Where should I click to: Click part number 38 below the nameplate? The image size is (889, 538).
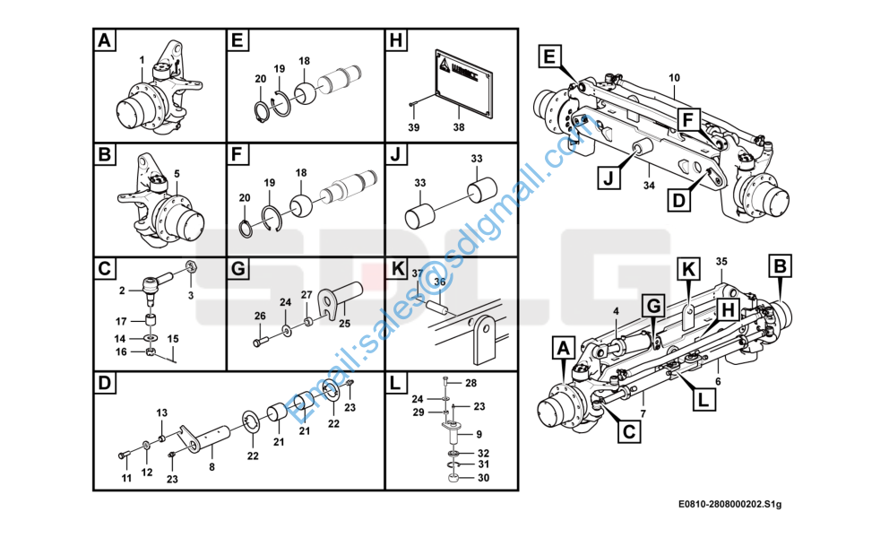(x=459, y=128)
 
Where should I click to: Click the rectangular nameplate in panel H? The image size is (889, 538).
(x=463, y=83)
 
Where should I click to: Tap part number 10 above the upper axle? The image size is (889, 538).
(x=674, y=79)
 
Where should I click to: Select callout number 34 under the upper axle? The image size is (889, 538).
(x=650, y=185)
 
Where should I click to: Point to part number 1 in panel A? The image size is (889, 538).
(x=142, y=60)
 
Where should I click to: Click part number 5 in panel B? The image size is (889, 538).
(x=177, y=173)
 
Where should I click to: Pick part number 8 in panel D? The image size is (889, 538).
(x=211, y=467)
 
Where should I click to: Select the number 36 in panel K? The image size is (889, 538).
(x=439, y=281)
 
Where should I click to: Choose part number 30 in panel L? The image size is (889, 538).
(x=483, y=478)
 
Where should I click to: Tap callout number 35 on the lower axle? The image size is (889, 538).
(x=721, y=261)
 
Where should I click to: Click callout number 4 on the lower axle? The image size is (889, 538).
(x=617, y=311)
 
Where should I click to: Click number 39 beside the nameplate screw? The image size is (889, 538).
(x=413, y=128)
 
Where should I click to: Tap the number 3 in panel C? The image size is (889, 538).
(x=189, y=295)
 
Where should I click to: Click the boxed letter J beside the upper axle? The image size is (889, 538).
(x=607, y=177)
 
